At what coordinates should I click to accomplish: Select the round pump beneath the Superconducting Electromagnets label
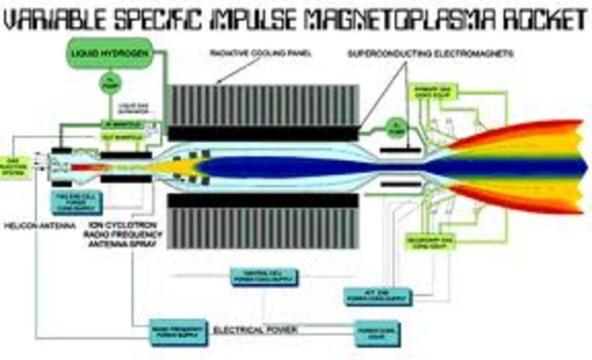[x=397, y=126]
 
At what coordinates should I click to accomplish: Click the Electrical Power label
[x=249, y=329]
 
